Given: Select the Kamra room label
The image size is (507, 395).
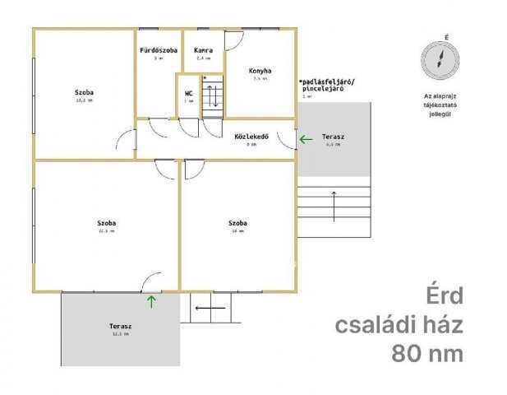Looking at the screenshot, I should pyautogui.click(x=203, y=50).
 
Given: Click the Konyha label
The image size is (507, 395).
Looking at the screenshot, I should pyautogui.click(x=260, y=71).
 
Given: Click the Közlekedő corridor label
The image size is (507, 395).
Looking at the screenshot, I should pyautogui.click(x=251, y=136).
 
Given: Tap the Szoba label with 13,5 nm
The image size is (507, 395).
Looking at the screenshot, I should pyautogui.click(x=84, y=92).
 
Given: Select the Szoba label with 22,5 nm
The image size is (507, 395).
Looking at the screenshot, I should pyautogui.click(x=106, y=223).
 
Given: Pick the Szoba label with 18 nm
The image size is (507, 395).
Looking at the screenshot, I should pyautogui.click(x=238, y=223).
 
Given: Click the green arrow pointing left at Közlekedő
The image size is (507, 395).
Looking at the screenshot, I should pyautogui.click(x=306, y=139).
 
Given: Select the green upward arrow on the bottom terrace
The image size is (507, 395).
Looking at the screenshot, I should pyautogui.click(x=151, y=300).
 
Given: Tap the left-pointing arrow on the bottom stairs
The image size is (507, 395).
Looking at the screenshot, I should pyautogui.click(x=210, y=309).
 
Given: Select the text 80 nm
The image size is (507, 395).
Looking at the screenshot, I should pyautogui.click(x=426, y=354).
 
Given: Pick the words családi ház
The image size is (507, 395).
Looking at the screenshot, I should pyautogui.click(x=399, y=324).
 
